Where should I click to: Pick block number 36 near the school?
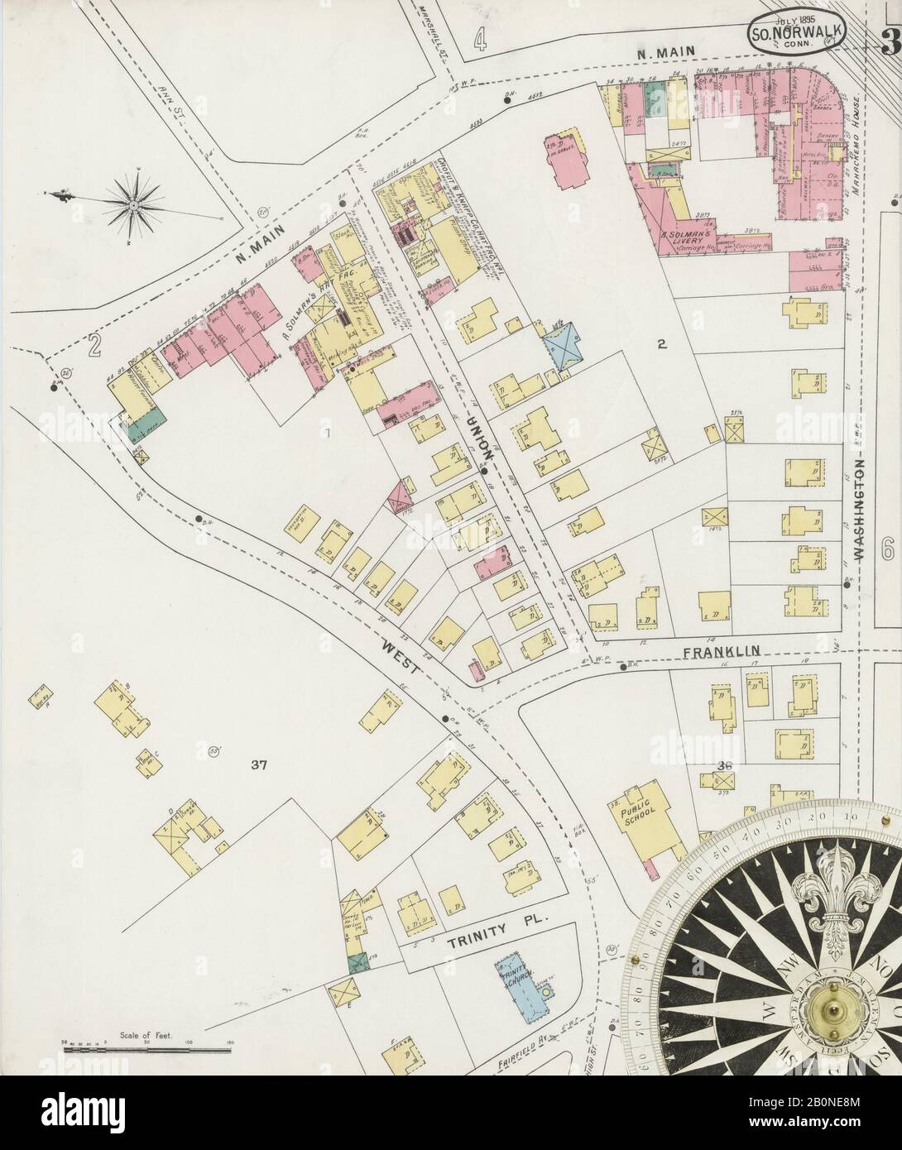click(728, 764)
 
